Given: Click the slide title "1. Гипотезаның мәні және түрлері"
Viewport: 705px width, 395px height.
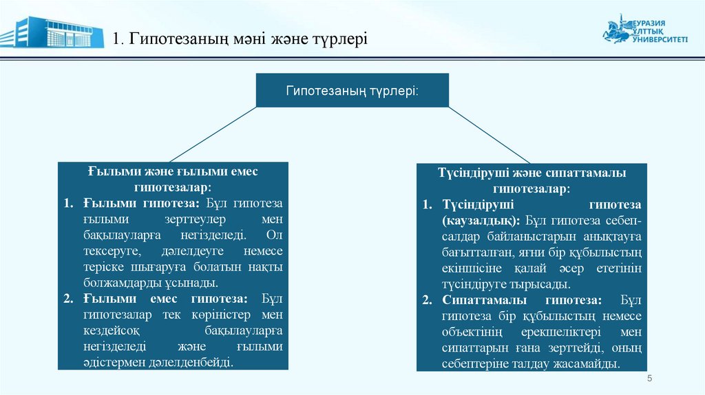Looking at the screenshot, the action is tap(241, 38).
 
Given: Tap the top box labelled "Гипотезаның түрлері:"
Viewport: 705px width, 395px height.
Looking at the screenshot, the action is tap(352, 91).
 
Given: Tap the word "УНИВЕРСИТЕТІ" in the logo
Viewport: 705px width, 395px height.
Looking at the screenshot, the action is tap(659, 41).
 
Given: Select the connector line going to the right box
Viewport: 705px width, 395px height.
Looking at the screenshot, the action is tap(489, 135).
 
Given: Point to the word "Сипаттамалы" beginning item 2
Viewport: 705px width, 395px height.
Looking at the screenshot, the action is tap(481, 300).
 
